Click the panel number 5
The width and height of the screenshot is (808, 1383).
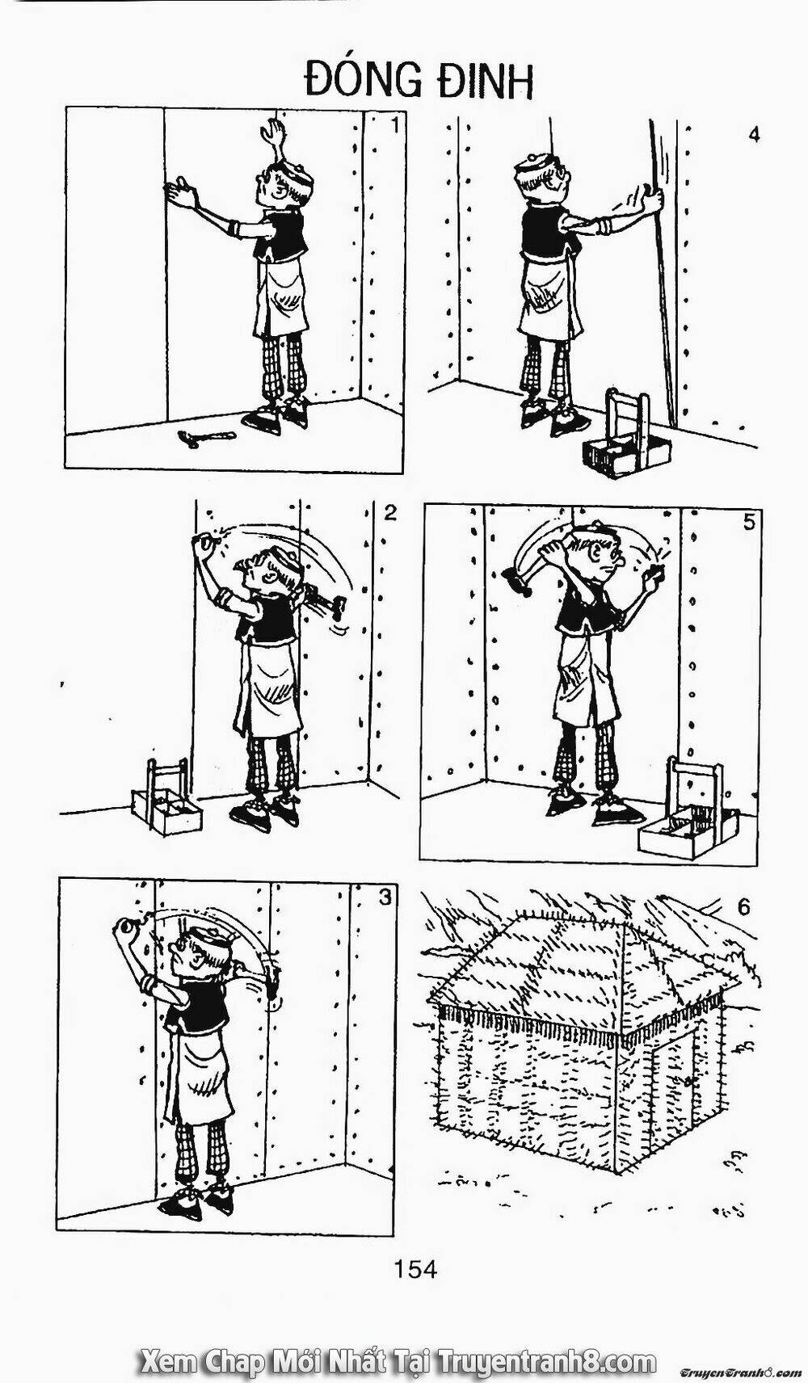(749, 523)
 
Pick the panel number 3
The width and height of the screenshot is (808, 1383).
(385, 897)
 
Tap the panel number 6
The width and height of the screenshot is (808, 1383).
(743, 907)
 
